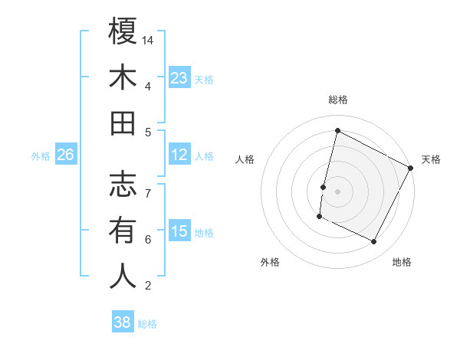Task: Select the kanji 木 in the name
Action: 123,77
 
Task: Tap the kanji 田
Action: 123,123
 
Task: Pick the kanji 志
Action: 123,183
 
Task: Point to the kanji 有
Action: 123,230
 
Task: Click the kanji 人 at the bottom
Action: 123,276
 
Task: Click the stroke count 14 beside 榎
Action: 149,40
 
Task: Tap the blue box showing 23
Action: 179,77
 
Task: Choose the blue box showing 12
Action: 179,155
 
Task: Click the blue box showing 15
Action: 179,231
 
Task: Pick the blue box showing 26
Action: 66,155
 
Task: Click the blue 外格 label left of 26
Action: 41,156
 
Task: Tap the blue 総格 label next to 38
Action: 147,324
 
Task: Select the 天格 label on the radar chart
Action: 431,159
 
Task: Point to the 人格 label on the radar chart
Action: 245,159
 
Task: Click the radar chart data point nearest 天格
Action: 411,168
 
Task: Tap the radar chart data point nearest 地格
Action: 374,242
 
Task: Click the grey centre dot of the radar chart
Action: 337,191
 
